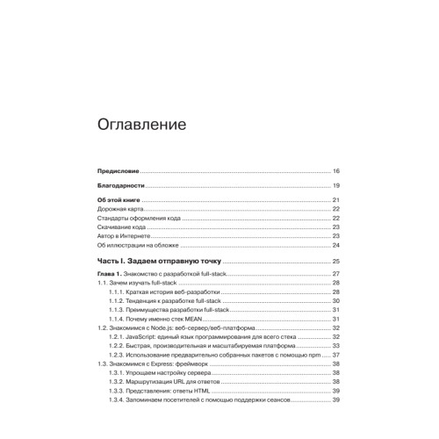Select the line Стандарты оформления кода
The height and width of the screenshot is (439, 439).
tap(138, 219)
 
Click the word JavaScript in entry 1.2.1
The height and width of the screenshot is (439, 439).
tap(145, 336)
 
